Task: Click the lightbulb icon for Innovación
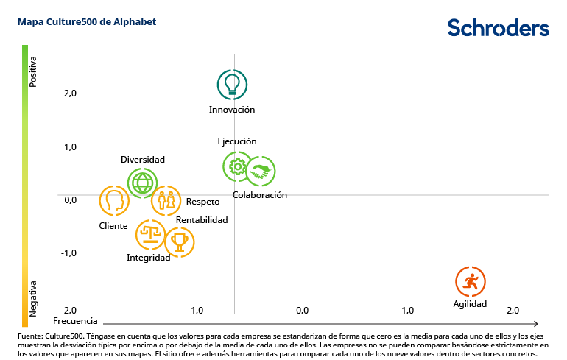coord(232,85)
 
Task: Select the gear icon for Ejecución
coord(237,167)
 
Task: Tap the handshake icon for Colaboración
coord(261,172)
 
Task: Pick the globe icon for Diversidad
coord(142,182)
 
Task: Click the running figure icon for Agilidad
coord(471,281)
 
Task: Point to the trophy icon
coord(179,241)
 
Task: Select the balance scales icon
coord(151,235)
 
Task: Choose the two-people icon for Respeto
coord(166,200)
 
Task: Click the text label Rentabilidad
coord(202,220)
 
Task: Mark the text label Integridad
coord(148,258)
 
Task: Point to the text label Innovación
coord(232,110)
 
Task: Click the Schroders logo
coord(498,28)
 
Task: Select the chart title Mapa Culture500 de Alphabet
coord(87,22)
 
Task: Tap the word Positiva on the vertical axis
coord(33,72)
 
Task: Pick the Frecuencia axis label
coord(75,322)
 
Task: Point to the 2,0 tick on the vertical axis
coord(70,93)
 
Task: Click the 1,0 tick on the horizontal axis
coord(407,310)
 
